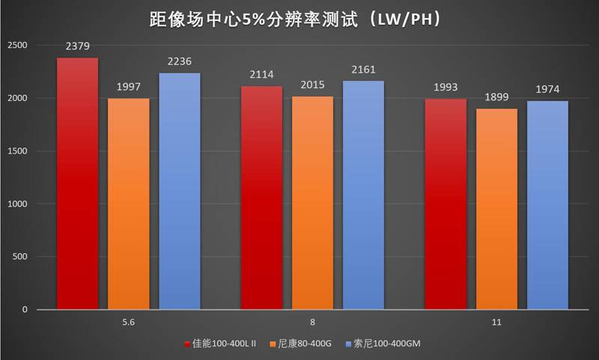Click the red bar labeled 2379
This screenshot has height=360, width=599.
[x=77, y=183]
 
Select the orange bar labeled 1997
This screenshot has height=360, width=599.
[x=128, y=204]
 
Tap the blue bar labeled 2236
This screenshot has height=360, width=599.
[x=180, y=191]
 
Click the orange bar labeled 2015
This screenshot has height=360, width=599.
[x=312, y=203]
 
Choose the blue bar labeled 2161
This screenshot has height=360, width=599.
[x=363, y=195]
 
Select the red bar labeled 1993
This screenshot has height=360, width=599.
[x=446, y=204]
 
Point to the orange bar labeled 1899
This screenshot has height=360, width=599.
[x=496, y=209]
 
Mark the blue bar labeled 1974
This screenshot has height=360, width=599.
[x=547, y=205]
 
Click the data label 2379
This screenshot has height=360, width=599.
[x=77, y=46]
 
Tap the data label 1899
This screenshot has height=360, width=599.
[x=496, y=97]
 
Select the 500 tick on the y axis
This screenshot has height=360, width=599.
[x=21, y=257]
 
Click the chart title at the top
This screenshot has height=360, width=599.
[x=299, y=19]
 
